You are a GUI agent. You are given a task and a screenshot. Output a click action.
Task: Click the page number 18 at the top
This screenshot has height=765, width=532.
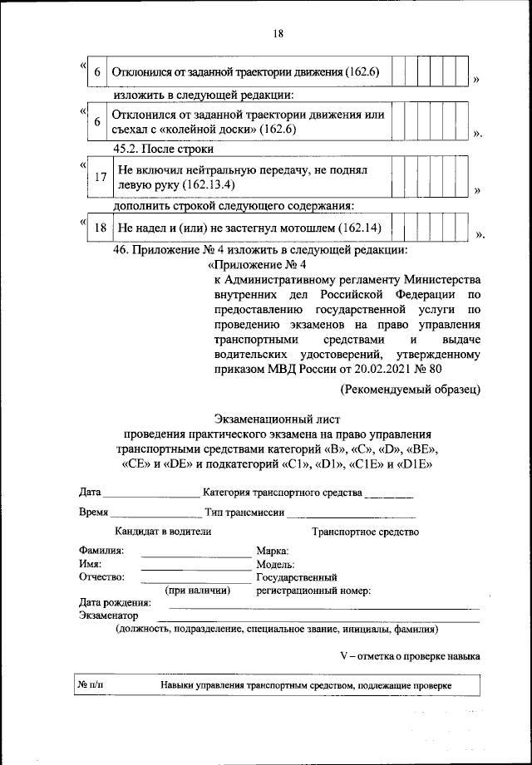pos(278,33)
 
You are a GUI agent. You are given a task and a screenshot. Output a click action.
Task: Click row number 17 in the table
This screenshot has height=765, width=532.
pos(100,178)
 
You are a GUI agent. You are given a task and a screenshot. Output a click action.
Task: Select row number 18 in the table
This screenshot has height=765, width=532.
pos(100,227)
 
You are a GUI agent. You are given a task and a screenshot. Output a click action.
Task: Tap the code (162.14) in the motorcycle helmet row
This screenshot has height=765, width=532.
pos(351,227)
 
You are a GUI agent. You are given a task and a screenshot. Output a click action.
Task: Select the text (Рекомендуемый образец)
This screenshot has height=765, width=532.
pos(410,388)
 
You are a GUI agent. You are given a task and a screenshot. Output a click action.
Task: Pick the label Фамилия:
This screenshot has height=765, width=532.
pos(101,551)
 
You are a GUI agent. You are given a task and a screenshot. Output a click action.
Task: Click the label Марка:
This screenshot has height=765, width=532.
pos(273,551)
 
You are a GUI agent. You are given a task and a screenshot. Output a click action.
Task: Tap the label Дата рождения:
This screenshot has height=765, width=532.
pos(115,602)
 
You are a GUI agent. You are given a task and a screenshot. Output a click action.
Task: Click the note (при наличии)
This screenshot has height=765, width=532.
pos(196,589)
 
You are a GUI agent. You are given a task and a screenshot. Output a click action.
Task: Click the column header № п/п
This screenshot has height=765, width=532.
pos(92,686)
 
